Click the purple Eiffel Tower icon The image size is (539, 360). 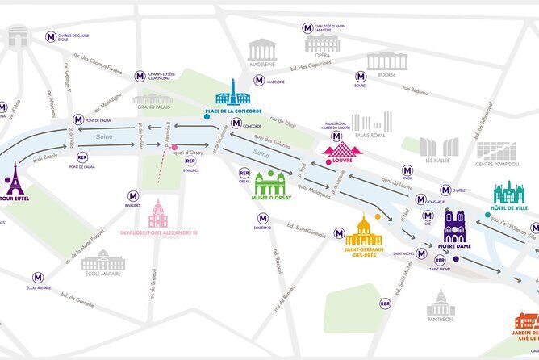tap(14, 178)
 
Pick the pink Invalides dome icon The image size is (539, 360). tap(158, 213)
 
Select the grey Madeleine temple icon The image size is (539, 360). tap(262, 49)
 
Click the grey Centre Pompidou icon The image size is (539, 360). tap(495, 151)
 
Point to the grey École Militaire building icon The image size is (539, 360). tap(103, 260)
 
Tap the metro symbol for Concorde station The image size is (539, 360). tap(236, 123)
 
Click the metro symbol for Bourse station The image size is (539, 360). tap(361, 77)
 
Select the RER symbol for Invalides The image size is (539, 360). tap(190, 160)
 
